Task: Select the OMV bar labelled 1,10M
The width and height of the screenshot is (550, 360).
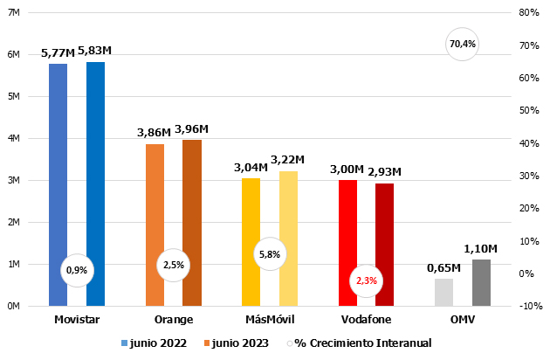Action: pos(481,282)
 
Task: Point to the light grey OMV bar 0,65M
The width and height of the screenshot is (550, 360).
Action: pos(443,292)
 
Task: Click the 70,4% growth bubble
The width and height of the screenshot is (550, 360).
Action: pos(463,44)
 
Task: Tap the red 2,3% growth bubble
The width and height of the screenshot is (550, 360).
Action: pos(366,280)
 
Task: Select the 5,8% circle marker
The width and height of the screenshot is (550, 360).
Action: pos(270,254)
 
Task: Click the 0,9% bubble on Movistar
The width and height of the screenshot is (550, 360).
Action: pos(77,270)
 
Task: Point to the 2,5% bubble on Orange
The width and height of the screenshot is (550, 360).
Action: pos(173,265)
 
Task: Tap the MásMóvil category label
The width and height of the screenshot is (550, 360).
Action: pos(270,320)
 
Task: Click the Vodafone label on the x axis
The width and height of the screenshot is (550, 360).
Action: pos(366,320)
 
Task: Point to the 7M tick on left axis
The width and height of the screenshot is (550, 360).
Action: pos(13,13)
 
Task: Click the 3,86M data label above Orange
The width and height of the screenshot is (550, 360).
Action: pos(154,133)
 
